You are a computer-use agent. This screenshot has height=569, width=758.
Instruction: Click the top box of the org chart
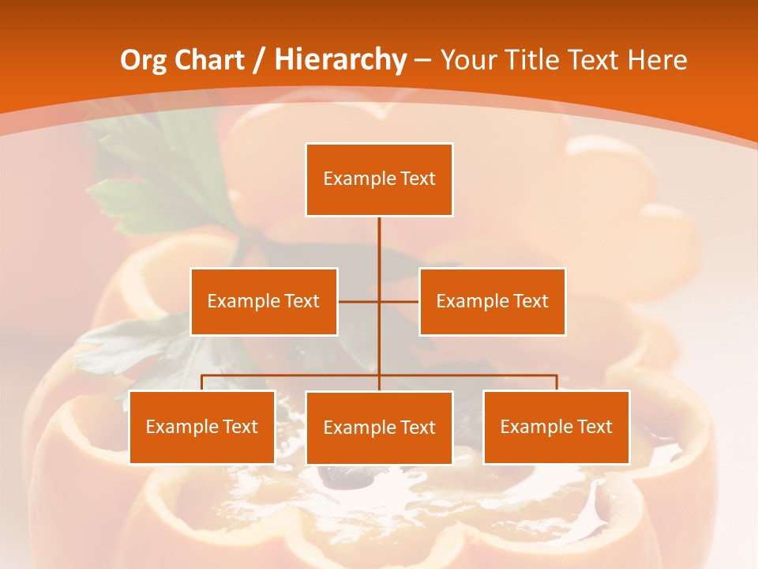pos(379,179)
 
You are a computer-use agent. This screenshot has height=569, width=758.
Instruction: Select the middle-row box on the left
pos(264,301)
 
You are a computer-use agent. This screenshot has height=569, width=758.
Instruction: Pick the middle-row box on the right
pos(492,301)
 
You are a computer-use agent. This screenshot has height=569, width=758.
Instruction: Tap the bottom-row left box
pos(201,428)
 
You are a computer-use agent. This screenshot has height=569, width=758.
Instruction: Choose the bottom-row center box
pos(379,428)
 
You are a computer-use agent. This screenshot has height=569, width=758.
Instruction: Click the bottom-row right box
pos(556,428)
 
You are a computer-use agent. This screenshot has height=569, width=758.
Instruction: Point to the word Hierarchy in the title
pos(340,60)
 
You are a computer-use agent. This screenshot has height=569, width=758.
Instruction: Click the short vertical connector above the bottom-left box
pos(201,382)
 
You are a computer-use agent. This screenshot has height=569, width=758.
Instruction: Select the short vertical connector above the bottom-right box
pos(556,382)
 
